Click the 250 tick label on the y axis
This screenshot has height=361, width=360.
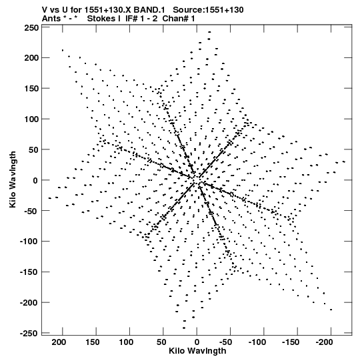point(32,28)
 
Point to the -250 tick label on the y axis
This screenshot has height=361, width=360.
point(29,333)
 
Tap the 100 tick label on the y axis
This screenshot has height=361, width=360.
point(32,119)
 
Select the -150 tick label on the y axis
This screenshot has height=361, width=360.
point(29,272)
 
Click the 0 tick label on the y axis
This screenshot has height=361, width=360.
point(35,180)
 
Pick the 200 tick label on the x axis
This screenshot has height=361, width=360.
point(59,342)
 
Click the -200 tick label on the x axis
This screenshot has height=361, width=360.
point(325,342)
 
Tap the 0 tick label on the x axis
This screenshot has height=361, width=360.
point(197,342)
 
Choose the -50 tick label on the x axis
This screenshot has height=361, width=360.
point(225,342)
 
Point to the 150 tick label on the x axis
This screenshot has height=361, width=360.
point(92,342)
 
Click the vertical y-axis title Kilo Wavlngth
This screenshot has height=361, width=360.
point(13,179)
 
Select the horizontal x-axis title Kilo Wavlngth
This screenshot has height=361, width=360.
point(197,351)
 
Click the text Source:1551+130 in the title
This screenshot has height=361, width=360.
point(208,10)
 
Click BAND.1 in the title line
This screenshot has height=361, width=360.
point(149,10)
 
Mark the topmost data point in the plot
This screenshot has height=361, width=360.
point(209,32)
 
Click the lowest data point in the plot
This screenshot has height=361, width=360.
point(184,328)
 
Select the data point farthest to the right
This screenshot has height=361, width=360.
point(344,161)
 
